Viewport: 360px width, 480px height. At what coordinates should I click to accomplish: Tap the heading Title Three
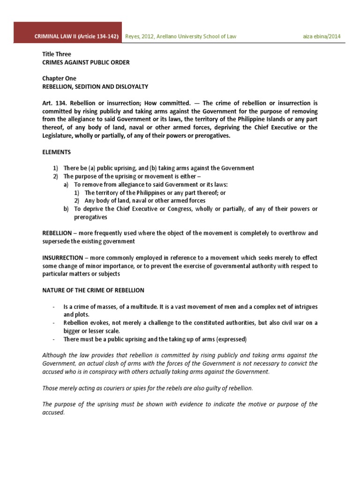[x=57, y=54]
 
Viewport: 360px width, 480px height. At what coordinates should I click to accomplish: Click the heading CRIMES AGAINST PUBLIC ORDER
[x=86, y=62]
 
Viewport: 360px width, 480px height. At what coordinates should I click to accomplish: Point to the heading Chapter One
[x=59, y=79]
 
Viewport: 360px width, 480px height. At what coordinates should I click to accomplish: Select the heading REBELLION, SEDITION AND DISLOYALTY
[x=95, y=87]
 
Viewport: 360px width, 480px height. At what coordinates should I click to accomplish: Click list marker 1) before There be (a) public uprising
[x=55, y=168]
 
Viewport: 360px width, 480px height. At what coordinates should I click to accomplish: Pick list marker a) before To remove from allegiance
[x=67, y=184]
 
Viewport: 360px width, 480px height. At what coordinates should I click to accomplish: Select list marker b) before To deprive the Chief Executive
[x=67, y=209]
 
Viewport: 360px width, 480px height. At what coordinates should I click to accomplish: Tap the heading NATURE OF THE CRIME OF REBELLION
[x=93, y=291]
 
